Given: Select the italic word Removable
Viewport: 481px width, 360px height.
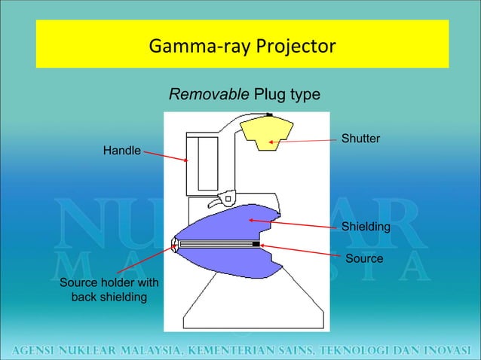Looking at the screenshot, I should tap(209, 95).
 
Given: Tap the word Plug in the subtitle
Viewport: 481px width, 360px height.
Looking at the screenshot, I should tap(268, 95).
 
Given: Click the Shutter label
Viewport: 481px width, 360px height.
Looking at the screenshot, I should tap(360, 139).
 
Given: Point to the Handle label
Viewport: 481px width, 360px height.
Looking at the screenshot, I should tap(121, 151).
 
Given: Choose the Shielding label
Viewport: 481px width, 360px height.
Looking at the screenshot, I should tap(366, 227).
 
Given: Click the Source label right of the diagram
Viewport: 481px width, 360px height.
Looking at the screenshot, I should tap(364, 258).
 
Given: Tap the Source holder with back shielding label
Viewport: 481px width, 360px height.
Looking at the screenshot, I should tap(109, 290).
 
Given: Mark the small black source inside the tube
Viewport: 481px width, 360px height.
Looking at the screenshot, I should tap(256, 245).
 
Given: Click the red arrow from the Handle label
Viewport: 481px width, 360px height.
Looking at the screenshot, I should tap(164, 156).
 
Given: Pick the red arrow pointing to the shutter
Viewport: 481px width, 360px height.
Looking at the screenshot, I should tap(309, 141).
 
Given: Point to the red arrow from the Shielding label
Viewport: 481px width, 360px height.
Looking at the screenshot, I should tap(294, 224).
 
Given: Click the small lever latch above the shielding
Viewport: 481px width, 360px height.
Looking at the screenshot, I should tap(223, 200).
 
